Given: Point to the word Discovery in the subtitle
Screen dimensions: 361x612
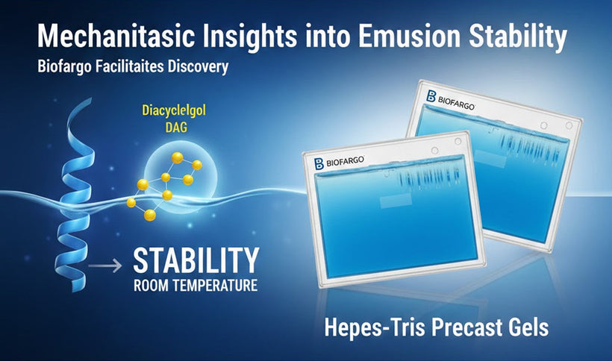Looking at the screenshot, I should [190, 67].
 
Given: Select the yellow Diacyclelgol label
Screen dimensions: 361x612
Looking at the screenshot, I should [174, 113].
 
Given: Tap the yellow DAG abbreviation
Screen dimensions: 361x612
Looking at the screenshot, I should [174, 128].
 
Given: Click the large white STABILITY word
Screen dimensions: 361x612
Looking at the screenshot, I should [196, 261].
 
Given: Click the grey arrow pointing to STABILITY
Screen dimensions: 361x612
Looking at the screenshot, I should [104, 263].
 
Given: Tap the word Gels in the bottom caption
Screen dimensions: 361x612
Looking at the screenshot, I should [528, 328].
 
